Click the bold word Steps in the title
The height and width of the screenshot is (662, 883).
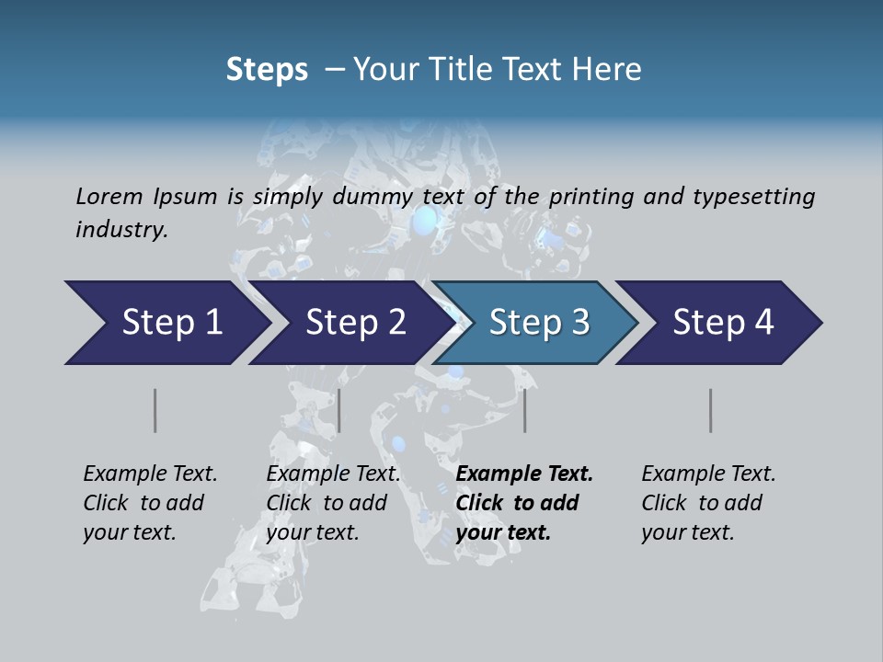[267, 70]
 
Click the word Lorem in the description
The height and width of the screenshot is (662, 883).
[109, 196]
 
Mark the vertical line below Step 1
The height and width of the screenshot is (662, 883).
[155, 410]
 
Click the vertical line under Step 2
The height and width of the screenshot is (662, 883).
[339, 410]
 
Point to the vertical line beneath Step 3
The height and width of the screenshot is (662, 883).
[525, 410]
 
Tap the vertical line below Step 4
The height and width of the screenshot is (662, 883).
[711, 410]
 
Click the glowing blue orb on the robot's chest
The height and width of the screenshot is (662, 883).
[424, 222]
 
